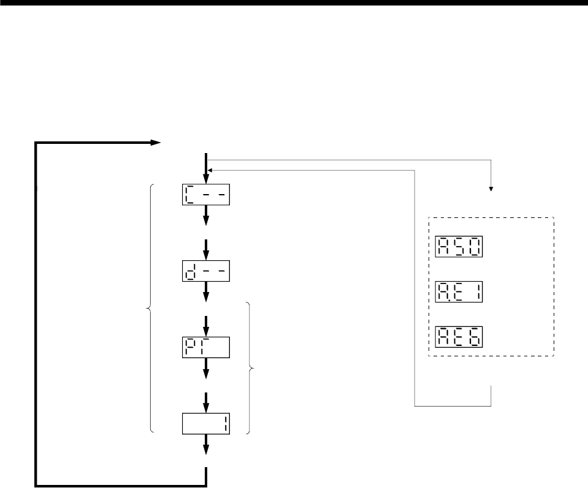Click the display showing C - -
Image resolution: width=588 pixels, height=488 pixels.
click(x=206, y=195)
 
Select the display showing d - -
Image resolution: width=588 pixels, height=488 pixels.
click(x=206, y=271)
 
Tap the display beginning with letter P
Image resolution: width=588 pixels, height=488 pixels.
click(x=206, y=347)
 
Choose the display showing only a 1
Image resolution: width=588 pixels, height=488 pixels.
click(x=206, y=424)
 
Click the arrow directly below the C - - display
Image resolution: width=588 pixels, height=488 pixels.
click(x=206, y=216)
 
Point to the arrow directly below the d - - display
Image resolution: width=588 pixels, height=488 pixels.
click(x=206, y=293)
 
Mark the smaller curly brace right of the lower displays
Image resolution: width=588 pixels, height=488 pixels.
click(x=250, y=367)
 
